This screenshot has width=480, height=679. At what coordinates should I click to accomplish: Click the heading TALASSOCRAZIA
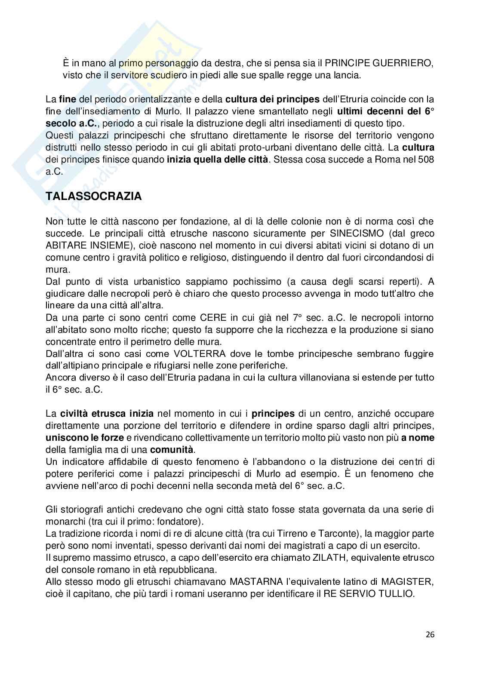tap(93, 197)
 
